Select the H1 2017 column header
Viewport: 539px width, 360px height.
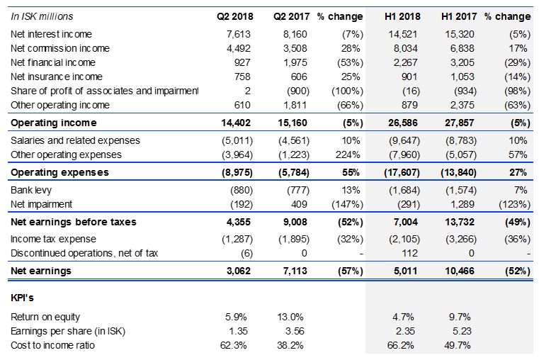pyautogui.click(x=458, y=16)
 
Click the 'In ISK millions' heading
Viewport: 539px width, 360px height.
pyautogui.click(x=42, y=16)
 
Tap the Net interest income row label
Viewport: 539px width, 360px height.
pyautogui.click(x=52, y=34)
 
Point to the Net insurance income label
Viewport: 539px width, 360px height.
pyautogui.click(x=57, y=77)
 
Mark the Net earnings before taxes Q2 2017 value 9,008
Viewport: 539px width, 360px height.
pyautogui.click(x=293, y=222)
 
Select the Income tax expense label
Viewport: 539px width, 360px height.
pyautogui.click(x=53, y=239)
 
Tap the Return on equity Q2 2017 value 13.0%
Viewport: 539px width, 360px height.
pyautogui.click(x=292, y=317)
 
